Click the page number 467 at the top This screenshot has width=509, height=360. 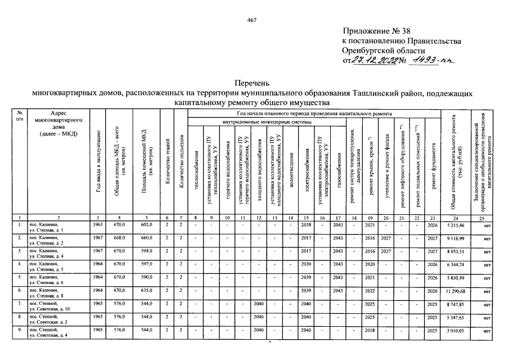point(252,21)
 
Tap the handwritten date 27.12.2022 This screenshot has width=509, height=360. point(373,61)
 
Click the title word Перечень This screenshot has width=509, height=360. point(253,83)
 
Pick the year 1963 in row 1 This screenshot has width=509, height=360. point(98,224)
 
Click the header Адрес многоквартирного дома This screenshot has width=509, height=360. point(58,124)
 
